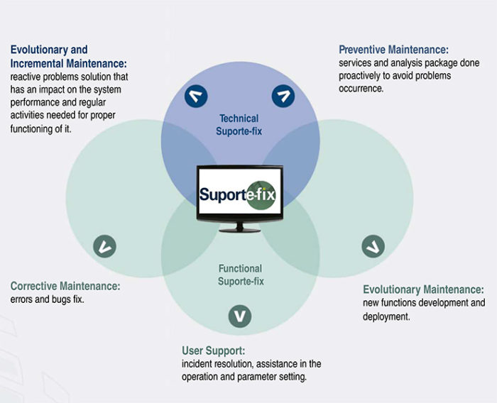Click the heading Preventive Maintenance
(x=393, y=50)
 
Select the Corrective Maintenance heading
(x=65, y=286)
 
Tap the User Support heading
(x=214, y=350)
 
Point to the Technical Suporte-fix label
(x=239, y=124)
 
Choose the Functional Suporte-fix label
(x=240, y=275)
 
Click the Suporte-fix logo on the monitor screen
(x=239, y=194)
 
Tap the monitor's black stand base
(x=239, y=228)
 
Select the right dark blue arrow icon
(x=284, y=96)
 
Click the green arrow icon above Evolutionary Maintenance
(x=373, y=246)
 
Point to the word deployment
(x=386, y=316)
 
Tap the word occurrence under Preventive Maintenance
(x=361, y=89)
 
